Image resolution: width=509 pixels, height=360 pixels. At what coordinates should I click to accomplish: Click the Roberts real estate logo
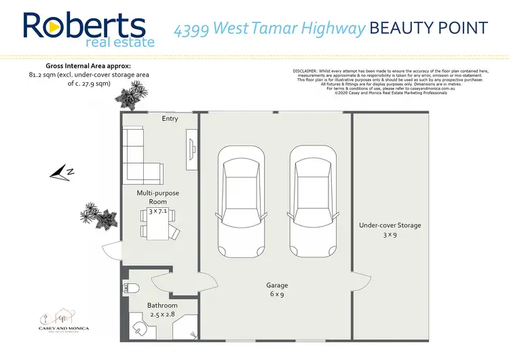(x=84, y=29)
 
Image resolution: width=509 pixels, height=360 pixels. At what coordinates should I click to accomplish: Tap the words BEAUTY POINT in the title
(x=429, y=28)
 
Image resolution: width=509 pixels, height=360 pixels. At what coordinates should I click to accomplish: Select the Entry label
(x=170, y=119)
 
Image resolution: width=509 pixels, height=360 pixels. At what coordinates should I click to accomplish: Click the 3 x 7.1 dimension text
(x=158, y=212)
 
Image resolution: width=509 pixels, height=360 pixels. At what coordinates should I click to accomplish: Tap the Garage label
(x=277, y=286)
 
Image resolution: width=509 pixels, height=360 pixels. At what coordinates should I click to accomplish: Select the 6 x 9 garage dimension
(x=277, y=295)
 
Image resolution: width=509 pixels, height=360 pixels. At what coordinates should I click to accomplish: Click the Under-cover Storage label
(x=390, y=226)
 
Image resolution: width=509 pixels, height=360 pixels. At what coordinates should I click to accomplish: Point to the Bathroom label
(x=162, y=305)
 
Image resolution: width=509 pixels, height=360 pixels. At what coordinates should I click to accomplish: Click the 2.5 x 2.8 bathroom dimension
(x=162, y=314)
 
